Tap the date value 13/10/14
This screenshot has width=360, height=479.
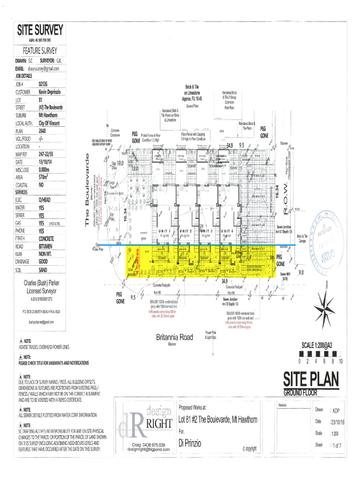[x=48, y=161]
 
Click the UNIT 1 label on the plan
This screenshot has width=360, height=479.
[x=164, y=231]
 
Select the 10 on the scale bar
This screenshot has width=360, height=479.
[x=341, y=361]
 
